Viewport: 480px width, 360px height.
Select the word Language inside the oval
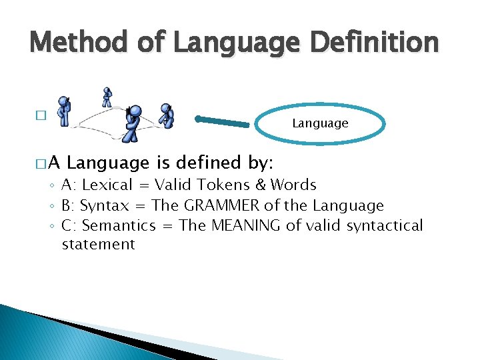coord(320,123)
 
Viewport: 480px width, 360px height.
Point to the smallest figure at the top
coord(107,97)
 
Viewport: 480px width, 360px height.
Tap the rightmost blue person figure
coord(166,116)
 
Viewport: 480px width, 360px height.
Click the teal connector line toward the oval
coord(227,121)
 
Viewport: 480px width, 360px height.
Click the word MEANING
coord(245,225)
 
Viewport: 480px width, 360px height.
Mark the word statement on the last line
coord(98,245)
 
